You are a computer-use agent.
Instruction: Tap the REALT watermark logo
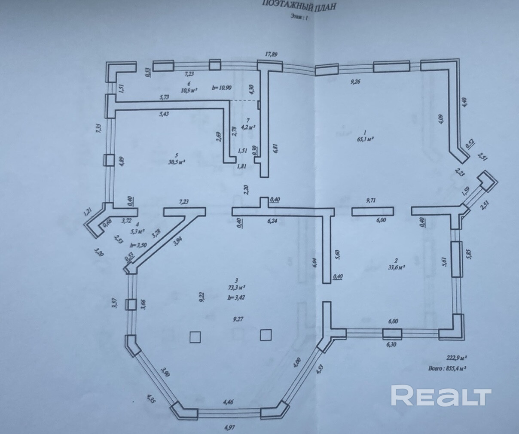coord(441,395)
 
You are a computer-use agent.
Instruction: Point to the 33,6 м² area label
coord(397,266)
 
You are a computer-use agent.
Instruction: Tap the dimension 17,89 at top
coord(271,54)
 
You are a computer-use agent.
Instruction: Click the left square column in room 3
coord(195,337)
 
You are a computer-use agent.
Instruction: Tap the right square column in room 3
coord(266,334)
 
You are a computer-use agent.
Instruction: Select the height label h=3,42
coord(236,297)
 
